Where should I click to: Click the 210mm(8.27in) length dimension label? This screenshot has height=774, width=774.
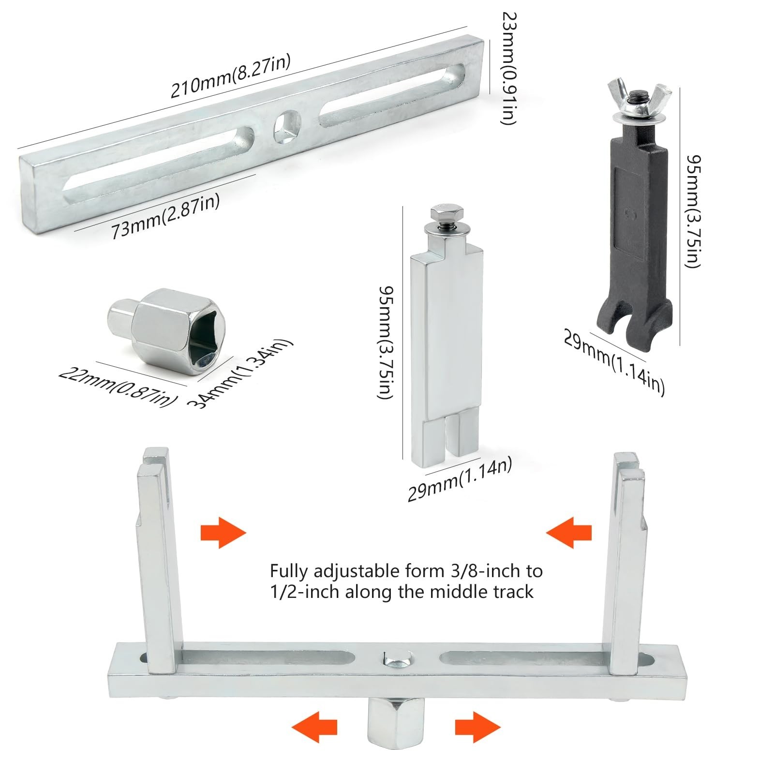click(x=230, y=76)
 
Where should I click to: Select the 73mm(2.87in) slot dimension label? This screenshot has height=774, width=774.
click(x=166, y=215)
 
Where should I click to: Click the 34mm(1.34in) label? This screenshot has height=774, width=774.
click(x=240, y=373)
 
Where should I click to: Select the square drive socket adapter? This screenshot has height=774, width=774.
click(x=166, y=330)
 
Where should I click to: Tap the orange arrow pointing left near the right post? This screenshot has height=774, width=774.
click(x=569, y=533)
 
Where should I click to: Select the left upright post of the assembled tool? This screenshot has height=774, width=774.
click(x=158, y=561)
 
